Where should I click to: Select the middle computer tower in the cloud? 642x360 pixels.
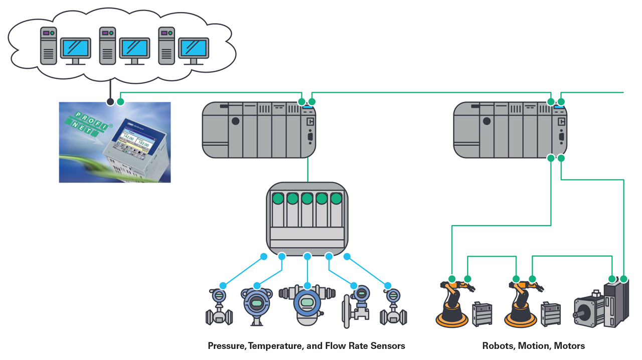(x=107, y=46)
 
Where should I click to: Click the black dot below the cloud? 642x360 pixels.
(x=110, y=102)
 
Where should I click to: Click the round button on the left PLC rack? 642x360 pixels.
(x=235, y=121)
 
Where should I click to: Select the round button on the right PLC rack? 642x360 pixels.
(x=487, y=121)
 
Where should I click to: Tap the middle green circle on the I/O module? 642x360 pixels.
(x=307, y=199)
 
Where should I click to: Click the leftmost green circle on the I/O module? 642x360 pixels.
(x=278, y=199)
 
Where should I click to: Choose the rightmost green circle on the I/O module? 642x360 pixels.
(x=336, y=199)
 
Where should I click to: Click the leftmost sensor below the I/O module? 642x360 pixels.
(x=219, y=308)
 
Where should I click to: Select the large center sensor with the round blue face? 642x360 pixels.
(x=306, y=303)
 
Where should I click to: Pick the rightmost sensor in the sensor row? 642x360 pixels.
(x=393, y=308)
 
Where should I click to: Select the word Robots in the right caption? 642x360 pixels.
(x=499, y=346)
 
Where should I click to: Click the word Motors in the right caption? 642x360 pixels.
(x=569, y=346)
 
